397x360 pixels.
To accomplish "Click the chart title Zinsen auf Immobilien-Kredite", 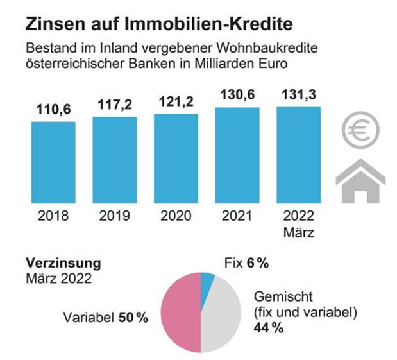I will [x=158, y=25].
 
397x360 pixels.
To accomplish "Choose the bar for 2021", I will [x=237, y=155].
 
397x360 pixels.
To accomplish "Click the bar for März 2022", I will [x=299, y=154].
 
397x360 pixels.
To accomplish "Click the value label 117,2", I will [x=115, y=105].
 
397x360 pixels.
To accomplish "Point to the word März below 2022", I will [x=299, y=230].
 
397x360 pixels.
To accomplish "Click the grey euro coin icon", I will [x=360, y=131].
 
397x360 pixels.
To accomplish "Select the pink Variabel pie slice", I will [x=181, y=312].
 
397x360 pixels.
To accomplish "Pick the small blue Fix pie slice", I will [x=207, y=281].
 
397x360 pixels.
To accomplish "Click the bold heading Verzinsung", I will [x=62, y=264].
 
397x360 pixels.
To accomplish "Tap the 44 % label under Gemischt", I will [x=268, y=328].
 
